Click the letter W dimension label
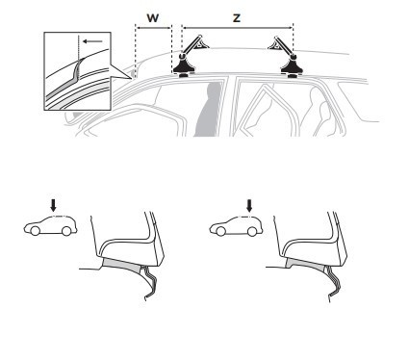(x=153, y=18)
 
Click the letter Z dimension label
(x=237, y=18)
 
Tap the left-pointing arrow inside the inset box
(x=92, y=41)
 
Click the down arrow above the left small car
(x=53, y=205)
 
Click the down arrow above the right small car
(x=249, y=206)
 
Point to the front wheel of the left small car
(x=35, y=231)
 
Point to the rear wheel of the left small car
(x=66, y=231)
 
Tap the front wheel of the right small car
(x=220, y=231)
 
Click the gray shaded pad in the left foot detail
(x=122, y=265)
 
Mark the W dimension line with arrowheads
(x=153, y=28)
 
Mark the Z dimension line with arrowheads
(x=238, y=28)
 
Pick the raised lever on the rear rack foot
(x=281, y=44)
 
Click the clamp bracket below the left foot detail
(x=148, y=282)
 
